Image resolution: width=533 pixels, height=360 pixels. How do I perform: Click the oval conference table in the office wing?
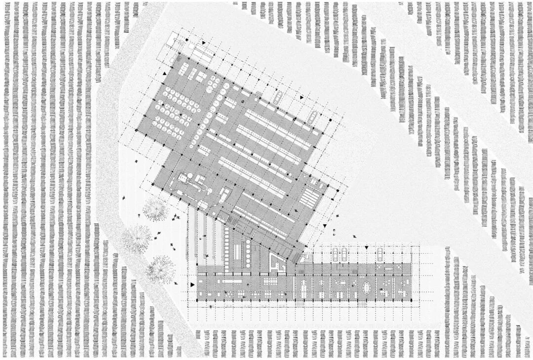click(366, 286)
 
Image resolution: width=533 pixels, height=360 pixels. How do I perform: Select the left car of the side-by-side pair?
click(335, 254)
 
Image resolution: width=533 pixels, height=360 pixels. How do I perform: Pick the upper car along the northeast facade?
click(278, 97)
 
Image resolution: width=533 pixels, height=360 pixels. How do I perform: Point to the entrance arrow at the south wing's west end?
click(192, 285)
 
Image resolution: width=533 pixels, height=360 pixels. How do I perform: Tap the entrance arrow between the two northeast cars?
click(302, 98)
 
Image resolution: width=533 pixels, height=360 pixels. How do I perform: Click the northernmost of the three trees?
click(154, 209)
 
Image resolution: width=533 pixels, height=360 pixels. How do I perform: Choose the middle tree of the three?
click(136, 238)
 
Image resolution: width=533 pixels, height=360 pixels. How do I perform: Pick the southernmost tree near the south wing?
click(160, 269)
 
